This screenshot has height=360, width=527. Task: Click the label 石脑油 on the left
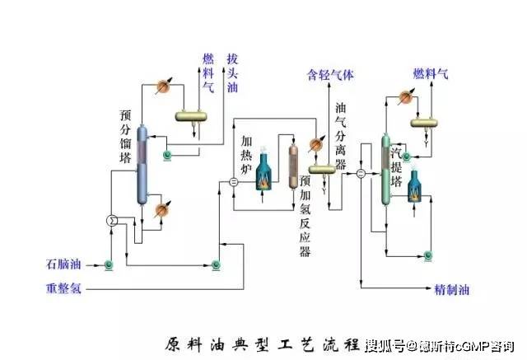63,264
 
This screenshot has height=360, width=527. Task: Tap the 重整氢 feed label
63,289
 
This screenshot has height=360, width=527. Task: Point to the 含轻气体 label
330,74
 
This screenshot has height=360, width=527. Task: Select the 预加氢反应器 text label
305,215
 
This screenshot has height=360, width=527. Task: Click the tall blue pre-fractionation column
142,165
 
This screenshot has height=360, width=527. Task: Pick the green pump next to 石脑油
108,264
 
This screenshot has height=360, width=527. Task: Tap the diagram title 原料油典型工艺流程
263,343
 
